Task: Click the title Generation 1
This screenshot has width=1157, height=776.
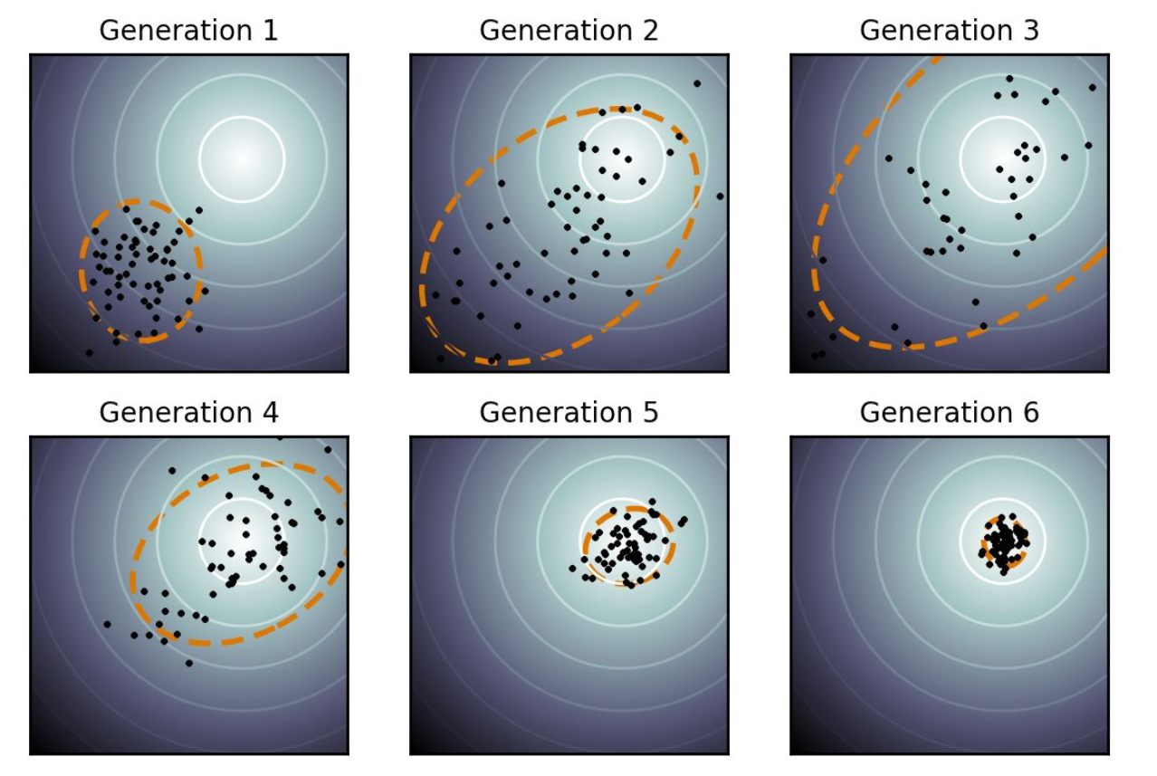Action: (x=188, y=31)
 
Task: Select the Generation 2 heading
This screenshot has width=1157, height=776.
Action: (x=569, y=31)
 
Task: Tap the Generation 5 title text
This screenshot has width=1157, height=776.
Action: (x=569, y=413)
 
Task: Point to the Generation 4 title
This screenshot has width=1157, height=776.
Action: (x=188, y=413)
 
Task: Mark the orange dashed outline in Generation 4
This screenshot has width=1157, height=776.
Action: (x=134, y=580)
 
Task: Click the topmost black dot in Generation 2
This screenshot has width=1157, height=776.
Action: (x=697, y=83)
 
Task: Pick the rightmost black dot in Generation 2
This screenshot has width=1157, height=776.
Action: (x=720, y=196)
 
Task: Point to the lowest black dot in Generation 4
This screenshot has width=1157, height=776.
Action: (x=188, y=663)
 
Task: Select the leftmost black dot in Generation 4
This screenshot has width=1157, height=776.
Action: (x=107, y=624)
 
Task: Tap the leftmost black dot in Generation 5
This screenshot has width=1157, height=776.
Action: (x=572, y=569)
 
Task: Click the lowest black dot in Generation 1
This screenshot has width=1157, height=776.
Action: (x=89, y=352)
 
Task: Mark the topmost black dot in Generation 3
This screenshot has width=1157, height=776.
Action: (x=1009, y=79)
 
